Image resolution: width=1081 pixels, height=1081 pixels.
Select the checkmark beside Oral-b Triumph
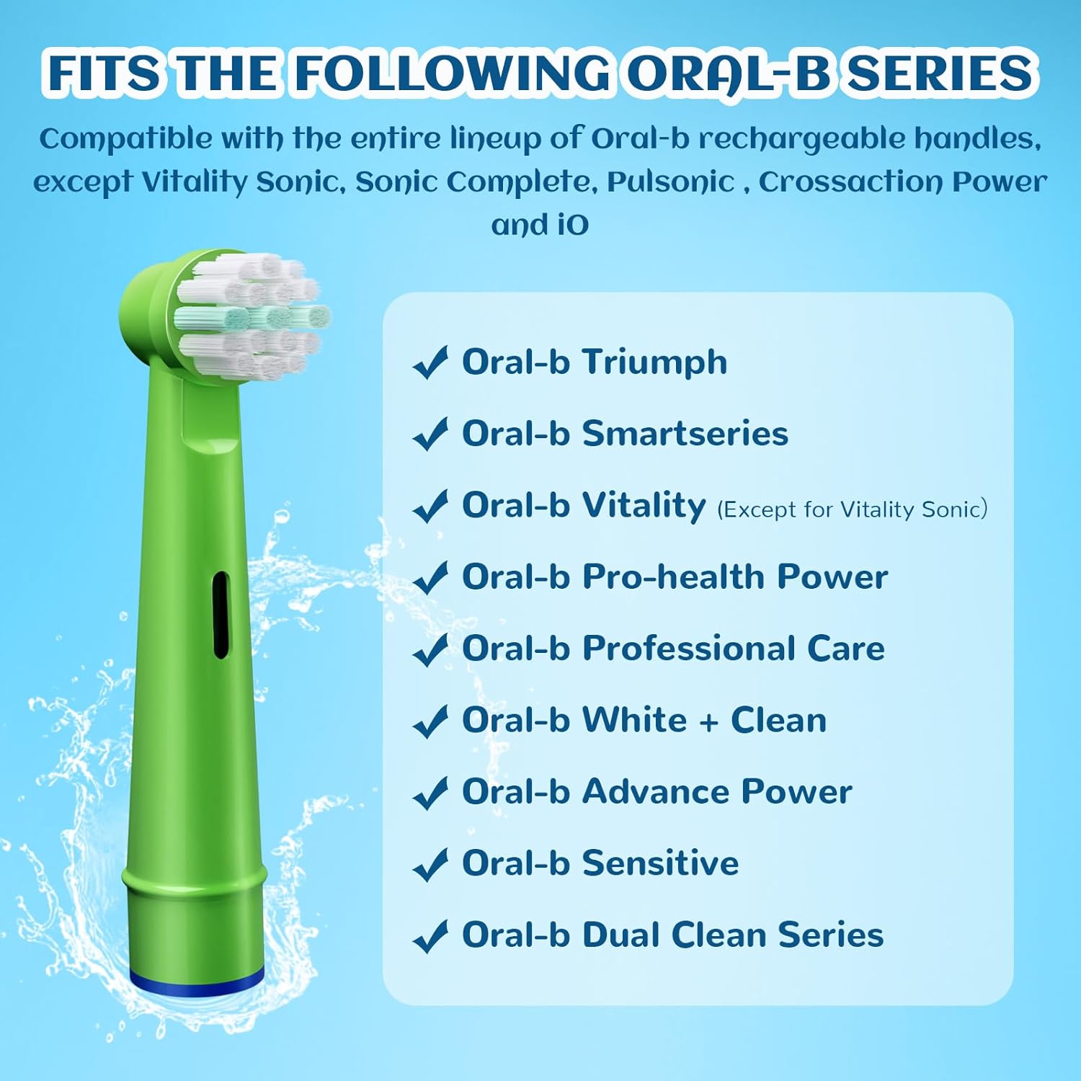(430, 362)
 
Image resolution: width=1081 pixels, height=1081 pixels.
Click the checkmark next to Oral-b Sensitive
(430, 864)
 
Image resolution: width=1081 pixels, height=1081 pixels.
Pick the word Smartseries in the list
(685, 433)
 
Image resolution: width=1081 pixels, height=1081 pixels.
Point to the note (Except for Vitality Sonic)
(852, 510)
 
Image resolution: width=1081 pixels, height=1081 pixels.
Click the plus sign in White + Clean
(709, 721)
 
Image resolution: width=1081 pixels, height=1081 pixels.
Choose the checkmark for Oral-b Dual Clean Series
(430, 936)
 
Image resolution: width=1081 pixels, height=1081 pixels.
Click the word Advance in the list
(655, 791)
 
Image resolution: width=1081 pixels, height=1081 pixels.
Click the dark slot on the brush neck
(221, 614)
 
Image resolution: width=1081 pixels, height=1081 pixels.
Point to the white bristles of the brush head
(249, 317)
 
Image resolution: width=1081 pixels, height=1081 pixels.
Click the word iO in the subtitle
(571, 225)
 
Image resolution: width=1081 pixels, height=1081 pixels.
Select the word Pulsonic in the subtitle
(670, 182)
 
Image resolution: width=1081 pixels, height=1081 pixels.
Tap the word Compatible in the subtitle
(125, 138)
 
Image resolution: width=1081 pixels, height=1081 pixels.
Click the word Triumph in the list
(654, 362)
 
